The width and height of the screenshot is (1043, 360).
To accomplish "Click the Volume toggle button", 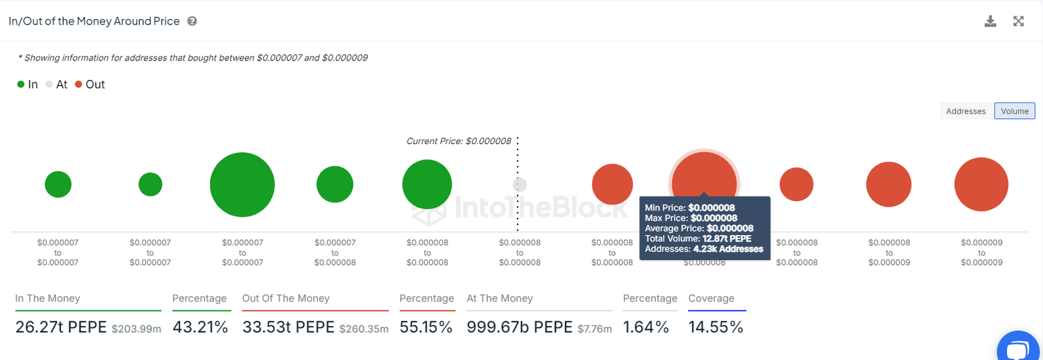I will (1014, 111).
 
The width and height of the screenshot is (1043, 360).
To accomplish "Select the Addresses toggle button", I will (966, 111).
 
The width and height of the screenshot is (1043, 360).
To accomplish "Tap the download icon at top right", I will (990, 21).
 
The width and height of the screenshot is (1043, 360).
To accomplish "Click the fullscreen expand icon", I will (1019, 21).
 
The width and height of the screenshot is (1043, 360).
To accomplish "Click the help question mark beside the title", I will (192, 21).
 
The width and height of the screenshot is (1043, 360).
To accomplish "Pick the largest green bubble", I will (242, 185).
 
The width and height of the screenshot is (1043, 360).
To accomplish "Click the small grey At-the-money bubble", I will (519, 184).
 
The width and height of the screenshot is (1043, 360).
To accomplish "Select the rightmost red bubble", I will (981, 184).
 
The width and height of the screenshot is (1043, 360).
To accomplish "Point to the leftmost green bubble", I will (58, 184).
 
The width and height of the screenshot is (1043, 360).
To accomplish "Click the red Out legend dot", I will (79, 85).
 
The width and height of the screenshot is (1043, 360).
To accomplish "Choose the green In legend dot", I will (21, 85).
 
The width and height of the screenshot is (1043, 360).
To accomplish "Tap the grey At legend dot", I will (49, 85).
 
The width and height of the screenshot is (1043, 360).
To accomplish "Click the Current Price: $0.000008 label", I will (458, 141).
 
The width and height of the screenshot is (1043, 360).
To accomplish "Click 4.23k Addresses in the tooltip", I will (727, 249).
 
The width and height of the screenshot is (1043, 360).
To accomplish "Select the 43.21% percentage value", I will (200, 327).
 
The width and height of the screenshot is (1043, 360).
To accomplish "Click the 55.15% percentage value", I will (426, 327).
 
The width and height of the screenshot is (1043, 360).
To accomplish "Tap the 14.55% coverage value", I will (716, 327).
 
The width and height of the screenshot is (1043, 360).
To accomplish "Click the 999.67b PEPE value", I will (519, 327).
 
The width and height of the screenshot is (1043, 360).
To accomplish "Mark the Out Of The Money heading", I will (286, 298).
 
